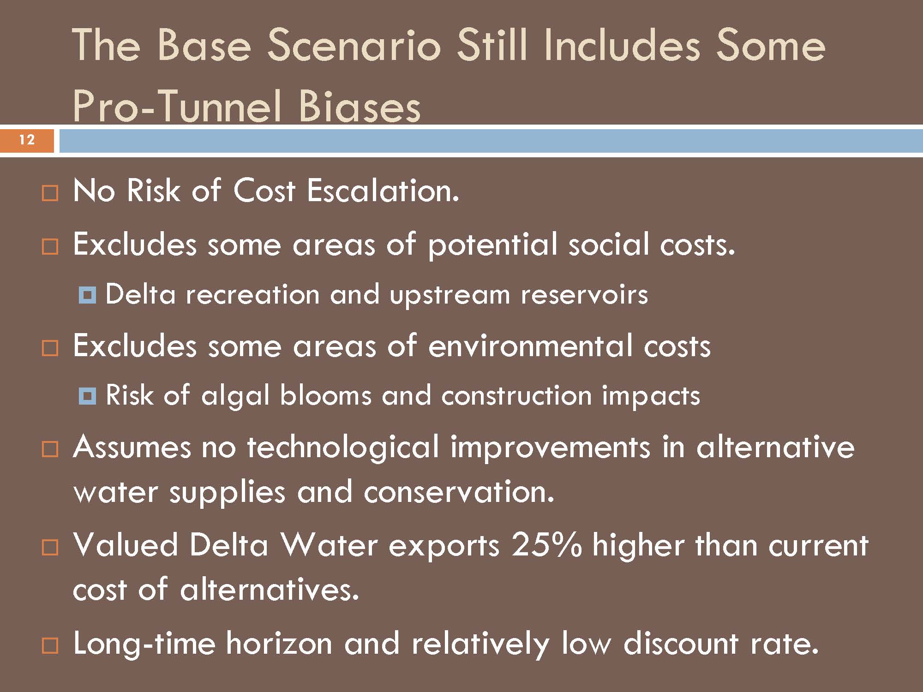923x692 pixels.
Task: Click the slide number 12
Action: point(27,139)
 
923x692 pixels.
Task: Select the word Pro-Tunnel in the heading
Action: point(177,107)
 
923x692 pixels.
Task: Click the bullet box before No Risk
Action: point(50,193)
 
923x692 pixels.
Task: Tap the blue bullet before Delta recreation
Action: point(87,294)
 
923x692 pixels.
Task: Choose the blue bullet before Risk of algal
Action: point(87,396)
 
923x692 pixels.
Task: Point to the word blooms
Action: point(325,395)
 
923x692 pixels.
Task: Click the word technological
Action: point(343,447)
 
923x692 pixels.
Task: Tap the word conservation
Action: point(459,491)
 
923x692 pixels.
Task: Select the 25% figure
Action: point(546,545)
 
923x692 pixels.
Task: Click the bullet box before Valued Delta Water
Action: point(50,548)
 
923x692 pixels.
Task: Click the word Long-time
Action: point(144,643)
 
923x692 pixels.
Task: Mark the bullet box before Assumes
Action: point(50,449)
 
